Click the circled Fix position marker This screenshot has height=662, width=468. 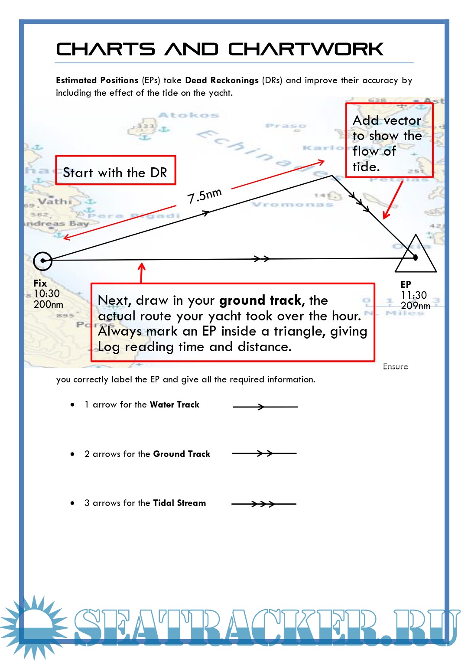(x=42, y=261)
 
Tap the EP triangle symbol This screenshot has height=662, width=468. (x=416, y=257)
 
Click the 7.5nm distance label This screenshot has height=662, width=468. (x=204, y=196)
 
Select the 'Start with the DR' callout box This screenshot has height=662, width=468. (x=115, y=170)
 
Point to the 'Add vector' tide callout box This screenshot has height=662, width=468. (x=389, y=140)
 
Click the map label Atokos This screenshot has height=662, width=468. (x=188, y=115)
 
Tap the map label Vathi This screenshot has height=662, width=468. (x=55, y=201)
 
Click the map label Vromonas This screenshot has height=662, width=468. (x=292, y=204)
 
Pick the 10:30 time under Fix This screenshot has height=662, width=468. (x=46, y=293)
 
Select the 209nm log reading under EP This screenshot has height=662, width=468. (x=415, y=306)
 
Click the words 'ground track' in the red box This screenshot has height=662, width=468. (x=260, y=300)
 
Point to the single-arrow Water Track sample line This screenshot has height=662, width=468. (x=265, y=407)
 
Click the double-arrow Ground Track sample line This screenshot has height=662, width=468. (x=264, y=453)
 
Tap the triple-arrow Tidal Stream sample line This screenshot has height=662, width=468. (x=263, y=504)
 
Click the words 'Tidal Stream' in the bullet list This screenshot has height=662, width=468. (x=179, y=503)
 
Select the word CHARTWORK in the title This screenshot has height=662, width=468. (x=305, y=49)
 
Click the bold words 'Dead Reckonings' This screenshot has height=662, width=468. (x=221, y=80)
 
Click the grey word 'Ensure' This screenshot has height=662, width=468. (x=395, y=366)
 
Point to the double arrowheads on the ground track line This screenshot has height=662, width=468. (x=262, y=259)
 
